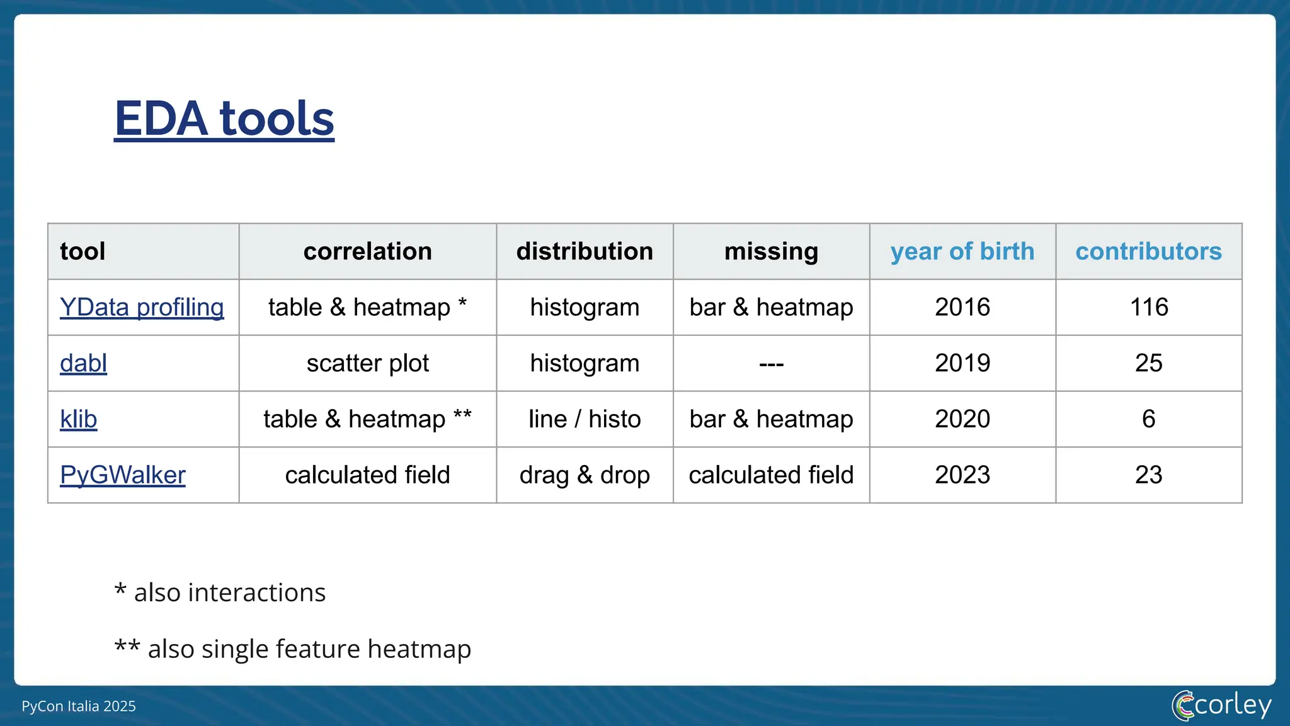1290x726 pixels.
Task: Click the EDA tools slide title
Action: point(224,118)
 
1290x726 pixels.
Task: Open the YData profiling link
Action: point(142,308)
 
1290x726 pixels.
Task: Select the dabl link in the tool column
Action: point(83,364)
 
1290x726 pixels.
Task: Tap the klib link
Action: point(78,419)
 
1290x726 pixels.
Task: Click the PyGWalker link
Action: point(122,475)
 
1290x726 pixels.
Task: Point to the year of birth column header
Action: point(962,251)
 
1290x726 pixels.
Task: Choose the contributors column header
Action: point(1148,251)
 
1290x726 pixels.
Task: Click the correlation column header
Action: point(367,251)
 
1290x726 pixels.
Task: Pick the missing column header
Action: point(771,251)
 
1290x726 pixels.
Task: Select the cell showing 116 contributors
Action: point(1148,308)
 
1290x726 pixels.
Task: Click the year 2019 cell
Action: point(962,364)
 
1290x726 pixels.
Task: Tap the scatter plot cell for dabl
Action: point(367,364)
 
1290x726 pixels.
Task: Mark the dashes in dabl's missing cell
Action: point(771,364)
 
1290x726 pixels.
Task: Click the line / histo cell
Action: point(584,419)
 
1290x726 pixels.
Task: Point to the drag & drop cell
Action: point(584,475)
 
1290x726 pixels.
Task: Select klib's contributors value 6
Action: point(1148,419)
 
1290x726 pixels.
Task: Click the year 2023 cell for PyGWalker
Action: point(962,475)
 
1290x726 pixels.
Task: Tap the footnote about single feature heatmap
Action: point(292,648)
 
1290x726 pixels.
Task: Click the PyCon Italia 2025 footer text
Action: point(79,706)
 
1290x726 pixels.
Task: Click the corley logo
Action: point(1221,705)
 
